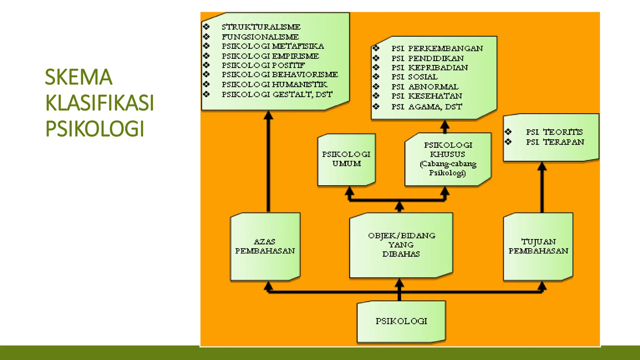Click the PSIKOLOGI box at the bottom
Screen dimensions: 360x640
click(x=401, y=321)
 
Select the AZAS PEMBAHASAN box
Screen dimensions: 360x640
click(x=265, y=247)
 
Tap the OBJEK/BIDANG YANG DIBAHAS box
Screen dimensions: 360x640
click(x=401, y=245)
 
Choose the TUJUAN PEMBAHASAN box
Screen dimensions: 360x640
click(x=538, y=247)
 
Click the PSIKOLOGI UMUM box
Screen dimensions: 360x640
click(x=346, y=159)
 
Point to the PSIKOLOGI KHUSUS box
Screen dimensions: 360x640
click(x=448, y=159)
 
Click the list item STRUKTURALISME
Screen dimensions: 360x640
click(x=261, y=27)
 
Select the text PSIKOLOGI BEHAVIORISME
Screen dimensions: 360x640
click(x=280, y=75)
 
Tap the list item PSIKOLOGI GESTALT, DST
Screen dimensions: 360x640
click(x=277, y=94)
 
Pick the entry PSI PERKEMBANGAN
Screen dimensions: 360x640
click(x=437, y=48)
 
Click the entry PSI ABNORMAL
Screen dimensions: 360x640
click(x=425, y=87)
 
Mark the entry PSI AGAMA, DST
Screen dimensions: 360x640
click(x=427, y=107)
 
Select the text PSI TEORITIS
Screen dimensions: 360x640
click(x=554, y=132)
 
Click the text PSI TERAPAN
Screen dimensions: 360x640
click(x=555, y=142)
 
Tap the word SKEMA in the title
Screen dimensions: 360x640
click(x=78, y=77)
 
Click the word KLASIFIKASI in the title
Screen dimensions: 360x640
click(x=100, y=103)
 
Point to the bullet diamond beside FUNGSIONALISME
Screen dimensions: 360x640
click(x=206, y=37)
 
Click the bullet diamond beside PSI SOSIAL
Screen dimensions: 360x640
click(x=376, y=77)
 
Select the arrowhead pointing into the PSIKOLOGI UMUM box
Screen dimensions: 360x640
click(x=349, y=191)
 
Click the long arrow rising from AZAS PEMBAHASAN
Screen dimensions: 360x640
click(x=268, y=162)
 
